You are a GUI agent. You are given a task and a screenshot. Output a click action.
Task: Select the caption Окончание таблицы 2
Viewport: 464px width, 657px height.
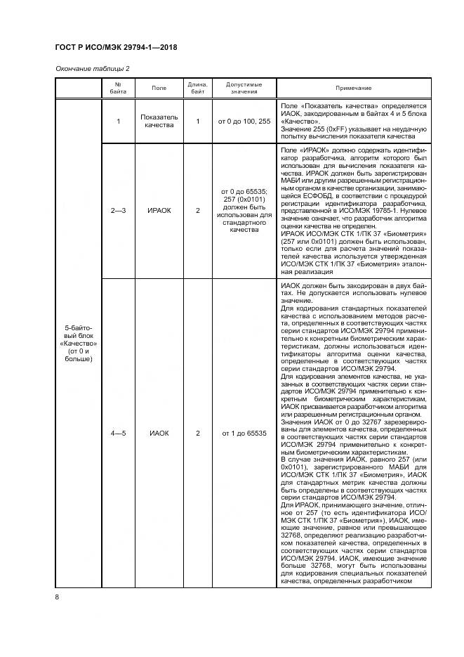[92, 68]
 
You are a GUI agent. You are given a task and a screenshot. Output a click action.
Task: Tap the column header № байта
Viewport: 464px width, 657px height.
[119, 87]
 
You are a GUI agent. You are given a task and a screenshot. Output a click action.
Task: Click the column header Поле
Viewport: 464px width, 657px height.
[159, 87]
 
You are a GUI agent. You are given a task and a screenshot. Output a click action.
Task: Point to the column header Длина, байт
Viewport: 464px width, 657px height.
[198, 87]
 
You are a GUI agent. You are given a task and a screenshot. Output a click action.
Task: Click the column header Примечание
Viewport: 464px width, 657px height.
[353, 87]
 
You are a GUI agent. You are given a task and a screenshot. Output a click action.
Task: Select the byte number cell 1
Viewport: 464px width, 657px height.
[119, 122]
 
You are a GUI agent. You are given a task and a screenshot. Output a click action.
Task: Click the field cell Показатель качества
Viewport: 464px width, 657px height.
[159, 122]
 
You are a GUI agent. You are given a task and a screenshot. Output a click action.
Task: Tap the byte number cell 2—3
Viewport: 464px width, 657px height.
[119, 210]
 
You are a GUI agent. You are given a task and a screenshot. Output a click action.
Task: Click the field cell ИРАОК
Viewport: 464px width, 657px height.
[159, 210]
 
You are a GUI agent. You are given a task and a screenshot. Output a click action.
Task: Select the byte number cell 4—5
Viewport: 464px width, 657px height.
[119, 433]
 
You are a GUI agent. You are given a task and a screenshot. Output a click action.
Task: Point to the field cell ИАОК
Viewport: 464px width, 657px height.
[159, 433]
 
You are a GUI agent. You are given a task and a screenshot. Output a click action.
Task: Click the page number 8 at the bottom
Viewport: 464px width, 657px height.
[57, 597]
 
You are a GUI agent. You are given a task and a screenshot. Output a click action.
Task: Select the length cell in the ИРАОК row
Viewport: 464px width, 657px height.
[198, 210]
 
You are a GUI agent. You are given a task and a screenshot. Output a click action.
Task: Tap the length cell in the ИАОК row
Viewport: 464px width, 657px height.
[198, 433]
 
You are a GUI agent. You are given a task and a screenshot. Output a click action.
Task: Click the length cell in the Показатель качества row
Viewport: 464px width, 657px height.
[198, 122]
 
